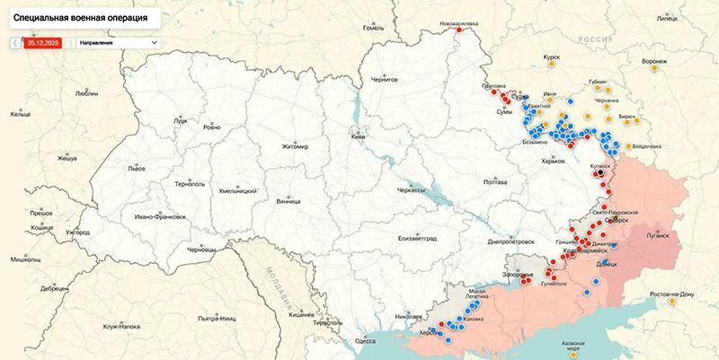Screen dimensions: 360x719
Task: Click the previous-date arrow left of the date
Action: tap(15, 42)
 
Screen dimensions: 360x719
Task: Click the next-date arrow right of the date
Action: tap(68, 42)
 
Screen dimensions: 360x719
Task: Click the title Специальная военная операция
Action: tap(76, 17)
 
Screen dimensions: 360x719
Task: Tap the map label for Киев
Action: tap(358, 136)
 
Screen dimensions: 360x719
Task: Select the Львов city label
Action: tap(136, 169)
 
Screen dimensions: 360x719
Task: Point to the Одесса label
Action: tap(365, 340)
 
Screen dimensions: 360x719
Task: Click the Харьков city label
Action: tap(553, 161)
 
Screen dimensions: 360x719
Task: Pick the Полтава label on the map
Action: tap(495, 182)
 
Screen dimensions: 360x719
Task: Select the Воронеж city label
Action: tap(655, 61)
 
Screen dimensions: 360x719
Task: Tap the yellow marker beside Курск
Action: tap(551, 66)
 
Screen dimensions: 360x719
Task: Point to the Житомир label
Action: tap(294, 146)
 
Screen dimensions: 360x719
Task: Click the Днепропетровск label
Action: tap(512, 241)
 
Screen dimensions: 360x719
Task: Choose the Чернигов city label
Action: tap(384, 80)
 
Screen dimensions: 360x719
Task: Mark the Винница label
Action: tap(288, 202)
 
